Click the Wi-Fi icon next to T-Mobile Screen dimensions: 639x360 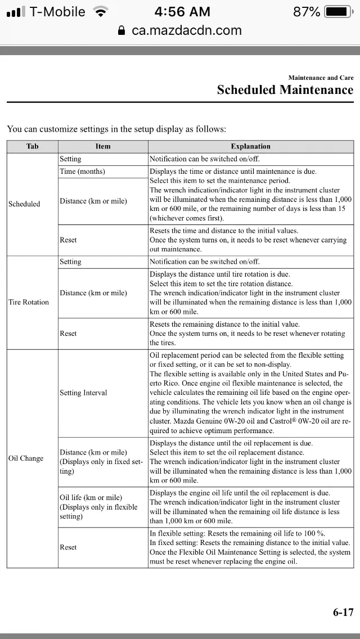pos(101,12)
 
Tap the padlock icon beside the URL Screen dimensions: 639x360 pos(121,31)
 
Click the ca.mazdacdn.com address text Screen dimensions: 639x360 pos(186,31)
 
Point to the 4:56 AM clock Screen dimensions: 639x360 pos(182,12)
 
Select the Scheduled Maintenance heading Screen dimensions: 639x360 pos(285,90)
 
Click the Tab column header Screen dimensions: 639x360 pos(33,146)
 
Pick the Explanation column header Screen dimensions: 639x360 pos(250,146)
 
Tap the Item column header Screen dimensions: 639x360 pos(103,146)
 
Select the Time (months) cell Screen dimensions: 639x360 pos(83,171)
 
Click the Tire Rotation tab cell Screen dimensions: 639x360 pos(29,302)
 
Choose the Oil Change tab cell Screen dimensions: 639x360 pos(26,458)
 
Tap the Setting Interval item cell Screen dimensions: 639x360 pos(83,393)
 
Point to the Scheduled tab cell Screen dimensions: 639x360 pos(24,204)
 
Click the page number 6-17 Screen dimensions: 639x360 pos(343,613)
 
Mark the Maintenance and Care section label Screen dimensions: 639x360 pos(321,78)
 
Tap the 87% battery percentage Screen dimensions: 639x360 pos(307,12)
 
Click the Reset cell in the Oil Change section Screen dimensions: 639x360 pos(68,547)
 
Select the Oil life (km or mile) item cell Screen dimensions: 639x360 pos(91,498)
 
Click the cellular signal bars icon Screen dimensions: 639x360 pos(15,12)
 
